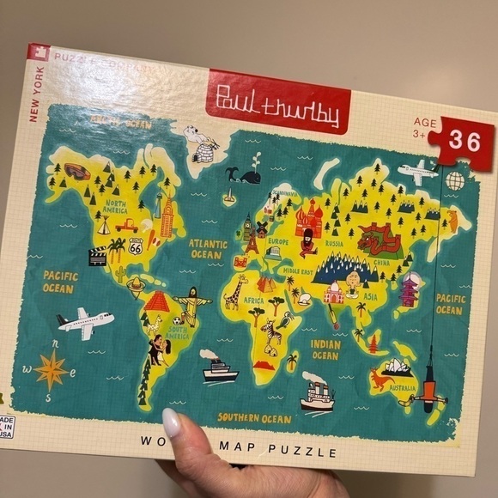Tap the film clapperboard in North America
[x=98, y=255]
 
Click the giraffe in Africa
[x=234, y=292]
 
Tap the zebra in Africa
[x=274, y=336]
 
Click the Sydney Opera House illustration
[x=400, y=367]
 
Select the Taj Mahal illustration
[x=334, y=293]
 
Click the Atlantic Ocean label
[x=208, y=249]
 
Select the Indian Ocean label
[x=325, y=349]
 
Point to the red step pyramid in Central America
[x=157, y=301]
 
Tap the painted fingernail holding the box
[x=171, y=423]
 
